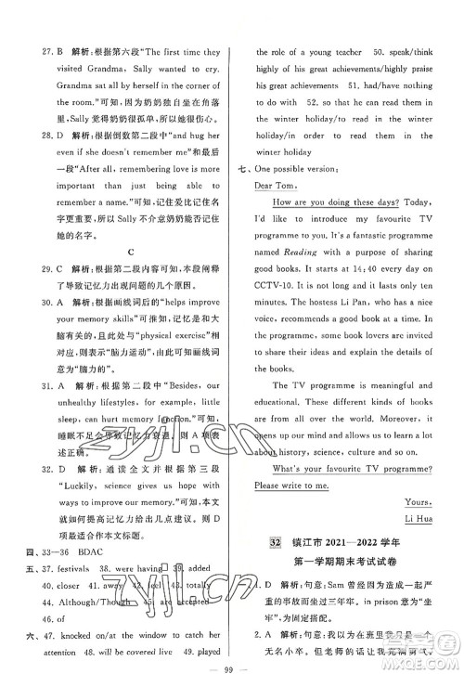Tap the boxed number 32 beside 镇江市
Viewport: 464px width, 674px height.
coord(275,541)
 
